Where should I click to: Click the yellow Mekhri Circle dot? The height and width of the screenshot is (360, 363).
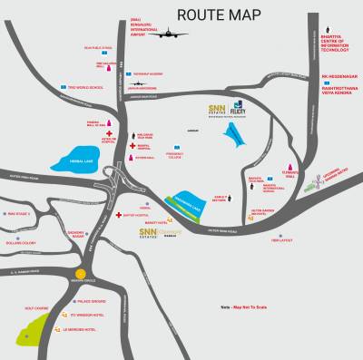80,272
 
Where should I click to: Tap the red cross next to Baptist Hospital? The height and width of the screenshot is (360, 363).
121,214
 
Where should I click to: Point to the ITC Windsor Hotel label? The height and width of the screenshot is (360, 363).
80,315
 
